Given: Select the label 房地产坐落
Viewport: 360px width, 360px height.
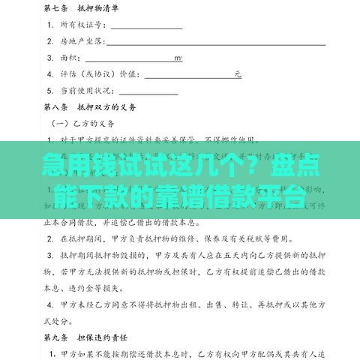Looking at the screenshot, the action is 79,41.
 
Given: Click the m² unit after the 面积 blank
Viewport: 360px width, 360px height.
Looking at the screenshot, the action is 178,58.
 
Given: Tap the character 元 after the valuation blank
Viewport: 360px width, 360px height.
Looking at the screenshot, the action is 238,74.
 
